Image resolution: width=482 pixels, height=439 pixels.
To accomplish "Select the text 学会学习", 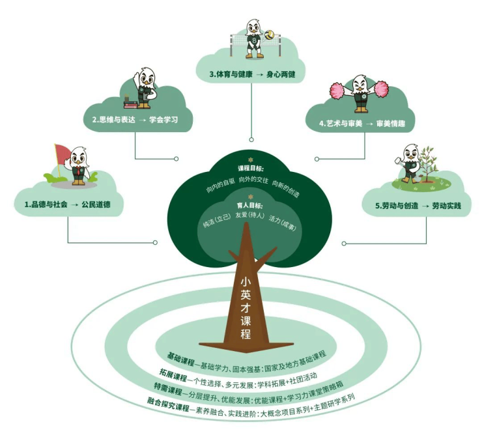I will tap(163, 120).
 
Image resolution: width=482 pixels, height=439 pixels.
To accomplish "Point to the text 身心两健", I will tap(281, 74).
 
